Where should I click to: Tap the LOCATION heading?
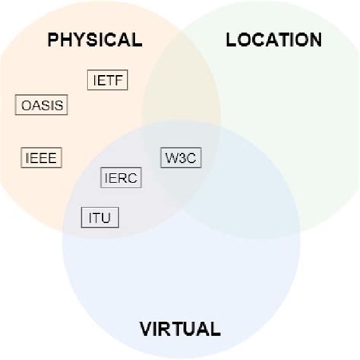tap(274, 39)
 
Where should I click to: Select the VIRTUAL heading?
tap(180, 329)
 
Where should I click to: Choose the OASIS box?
tap(41, 105)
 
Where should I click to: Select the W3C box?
tap(181, 158)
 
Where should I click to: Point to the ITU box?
tap(100, 218)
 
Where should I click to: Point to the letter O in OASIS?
tap(24, 105)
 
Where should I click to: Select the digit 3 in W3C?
tap(182, 158)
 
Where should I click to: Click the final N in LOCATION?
tap(314, 39)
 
